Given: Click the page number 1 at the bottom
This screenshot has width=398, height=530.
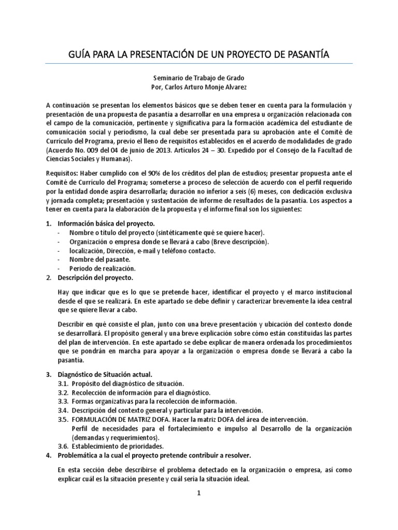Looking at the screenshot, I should coord(199,493).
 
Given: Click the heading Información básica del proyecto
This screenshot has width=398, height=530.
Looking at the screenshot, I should coord(106,223).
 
